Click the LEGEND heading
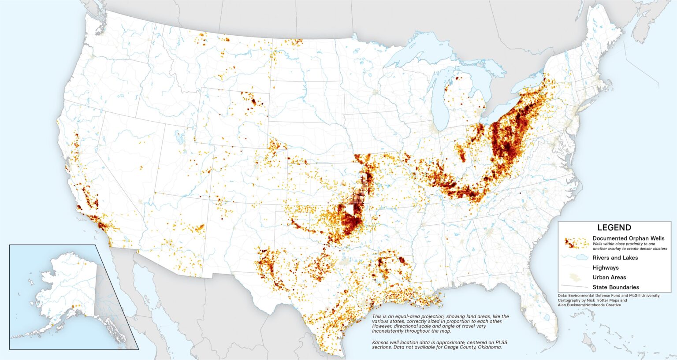[x=614, y=228]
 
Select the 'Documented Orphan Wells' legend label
[x=628, y=238]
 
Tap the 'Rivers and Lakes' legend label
[x=615, y=258]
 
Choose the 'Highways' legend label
[x=605, y=267]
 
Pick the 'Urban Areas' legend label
[x=609, y=277]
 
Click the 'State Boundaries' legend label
[x=616, y=287]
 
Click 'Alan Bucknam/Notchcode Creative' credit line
[x=589, y=305]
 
